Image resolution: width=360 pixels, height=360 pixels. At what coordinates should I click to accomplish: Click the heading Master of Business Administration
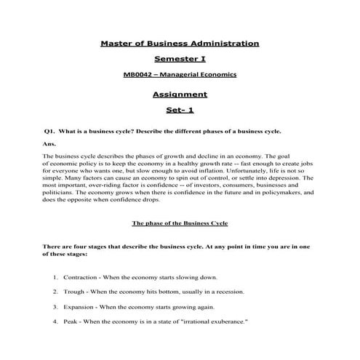(x=179, y=44)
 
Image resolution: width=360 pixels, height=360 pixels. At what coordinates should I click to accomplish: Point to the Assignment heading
(x=180, y=94)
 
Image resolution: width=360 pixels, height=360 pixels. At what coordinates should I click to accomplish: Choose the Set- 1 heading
(x=180, y=110)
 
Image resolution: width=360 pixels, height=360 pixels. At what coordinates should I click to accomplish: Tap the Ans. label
(x=49, y=144)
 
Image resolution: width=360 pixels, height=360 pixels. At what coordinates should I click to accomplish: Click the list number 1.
(x=55, y=278)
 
